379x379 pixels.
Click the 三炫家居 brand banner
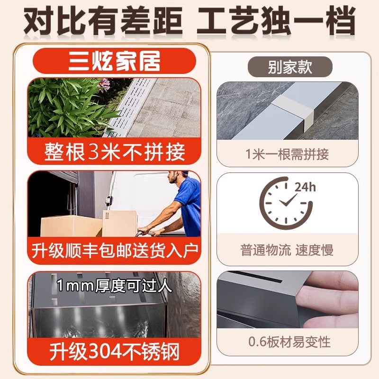(114, 61)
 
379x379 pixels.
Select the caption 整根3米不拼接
(114, 153)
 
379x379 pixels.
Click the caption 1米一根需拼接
(288, 154)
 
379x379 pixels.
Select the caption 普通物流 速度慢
(287, 250)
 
